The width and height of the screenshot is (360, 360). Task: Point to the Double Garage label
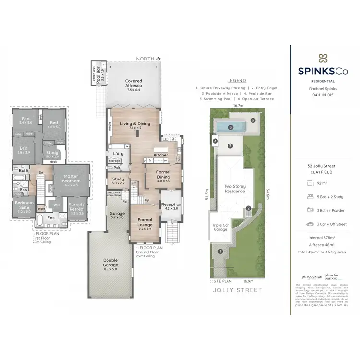110,263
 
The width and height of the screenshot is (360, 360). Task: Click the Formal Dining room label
163,175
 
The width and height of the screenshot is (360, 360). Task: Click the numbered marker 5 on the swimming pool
231,128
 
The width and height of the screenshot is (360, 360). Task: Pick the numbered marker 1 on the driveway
220,251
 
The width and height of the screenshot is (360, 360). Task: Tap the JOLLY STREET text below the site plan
238,290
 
